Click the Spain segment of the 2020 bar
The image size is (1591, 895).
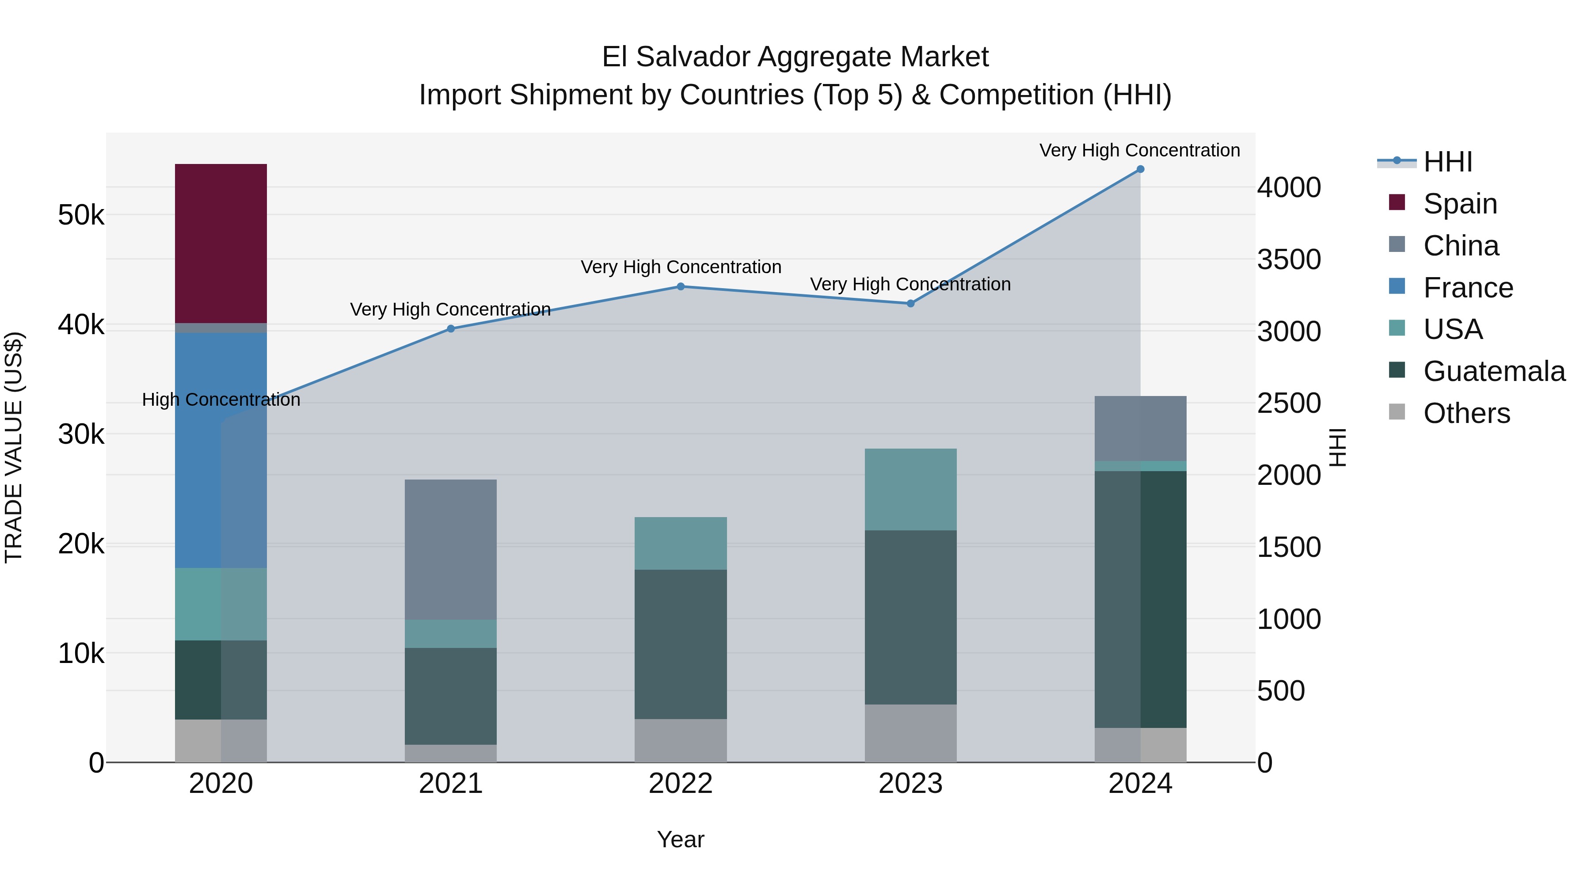221,244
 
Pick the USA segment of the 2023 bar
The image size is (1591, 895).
910,489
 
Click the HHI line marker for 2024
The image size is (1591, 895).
1140,169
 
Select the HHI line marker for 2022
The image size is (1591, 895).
681,286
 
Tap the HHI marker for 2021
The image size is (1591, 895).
450,328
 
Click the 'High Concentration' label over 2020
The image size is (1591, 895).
221,400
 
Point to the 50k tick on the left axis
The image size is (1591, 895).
81,216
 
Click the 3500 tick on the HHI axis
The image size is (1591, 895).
1289,259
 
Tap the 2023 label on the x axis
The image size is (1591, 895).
910,784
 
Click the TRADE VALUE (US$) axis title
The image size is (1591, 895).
14,447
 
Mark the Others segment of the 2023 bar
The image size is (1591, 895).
910,733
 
